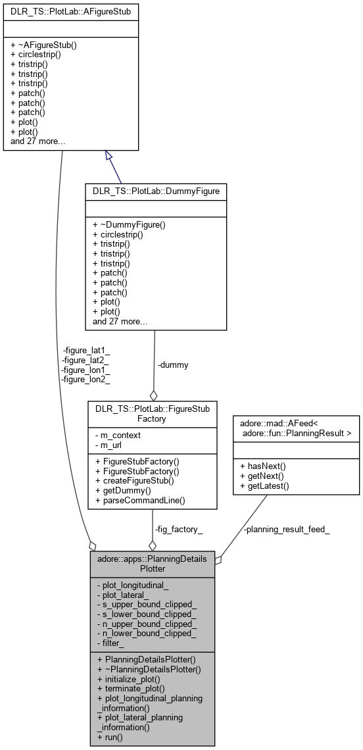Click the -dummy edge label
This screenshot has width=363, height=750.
173,364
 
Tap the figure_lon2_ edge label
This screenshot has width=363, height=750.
85,378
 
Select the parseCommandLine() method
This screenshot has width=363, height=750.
139,500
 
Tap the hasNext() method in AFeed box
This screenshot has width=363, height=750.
265,465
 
